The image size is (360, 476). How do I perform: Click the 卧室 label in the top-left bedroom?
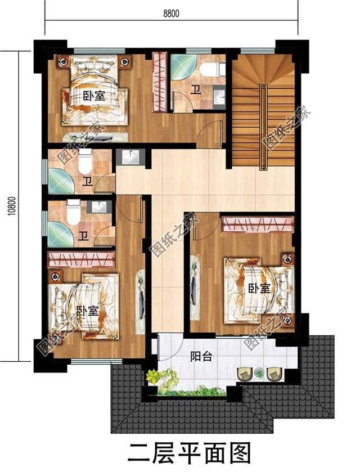[x=93, y=96]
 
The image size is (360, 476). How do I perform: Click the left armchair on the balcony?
[x=245, y=373]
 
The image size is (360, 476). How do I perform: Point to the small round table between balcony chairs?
[x=259, y=371]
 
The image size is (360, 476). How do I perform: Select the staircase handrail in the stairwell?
[x=262, y=127]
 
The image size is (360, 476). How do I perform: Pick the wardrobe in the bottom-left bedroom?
[x=82, y=259]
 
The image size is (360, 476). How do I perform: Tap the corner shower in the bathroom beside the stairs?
[x=183, y=66]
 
